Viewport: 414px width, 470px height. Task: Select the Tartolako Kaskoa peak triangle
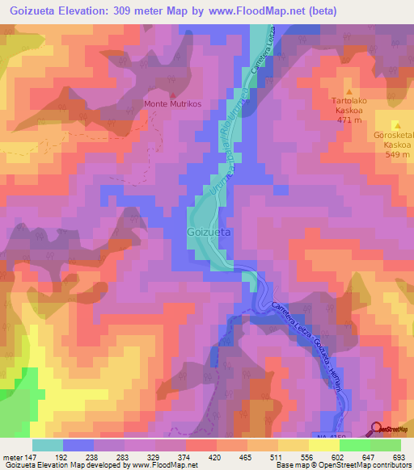point(349,91)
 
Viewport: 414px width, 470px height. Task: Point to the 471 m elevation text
point(349,120)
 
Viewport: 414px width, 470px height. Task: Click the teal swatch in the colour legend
point(48,445)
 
